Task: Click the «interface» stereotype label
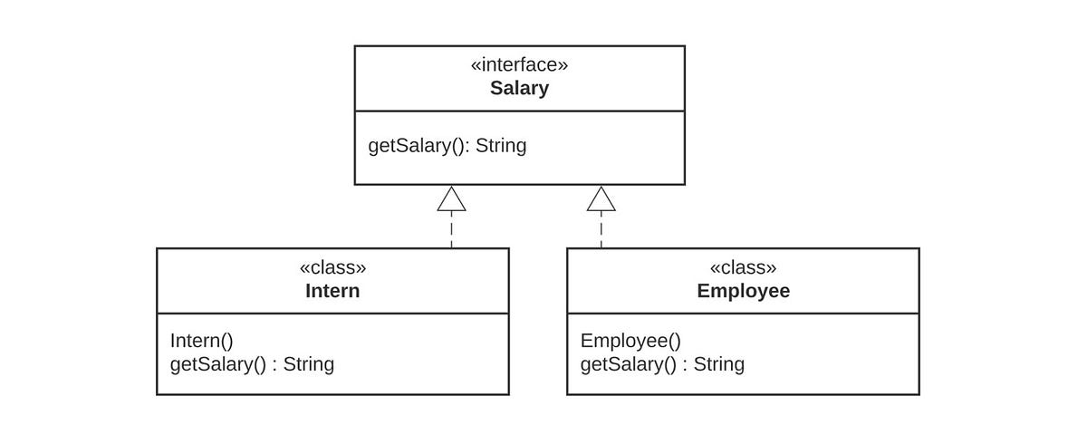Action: tap(519, 64)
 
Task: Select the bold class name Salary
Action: tap(519, 88)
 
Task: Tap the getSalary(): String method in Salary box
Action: tap(447, 146)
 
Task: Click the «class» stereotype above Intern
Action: tap(333, 267)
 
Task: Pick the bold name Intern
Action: tap(332, 291)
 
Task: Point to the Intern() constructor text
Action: tap(201, 341)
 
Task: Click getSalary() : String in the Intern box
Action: tap(252, 364)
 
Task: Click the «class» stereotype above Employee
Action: tap(743, 267)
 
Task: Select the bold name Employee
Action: tap(744, 291)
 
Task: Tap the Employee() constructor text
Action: tap(630, 341)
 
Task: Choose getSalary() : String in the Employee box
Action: tap(662, 364)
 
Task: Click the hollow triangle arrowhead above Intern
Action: tap(451, 198)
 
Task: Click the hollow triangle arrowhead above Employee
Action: tap(601, 198)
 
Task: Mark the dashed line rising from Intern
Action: tap(451, 230)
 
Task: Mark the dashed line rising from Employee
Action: tap(601, 230)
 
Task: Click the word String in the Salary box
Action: tap(501, 146)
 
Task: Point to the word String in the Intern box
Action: tap(309, 364)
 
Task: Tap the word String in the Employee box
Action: tap(718, 364)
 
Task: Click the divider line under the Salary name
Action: tap(520, 111)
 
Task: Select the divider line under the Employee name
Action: tap(743, 314)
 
